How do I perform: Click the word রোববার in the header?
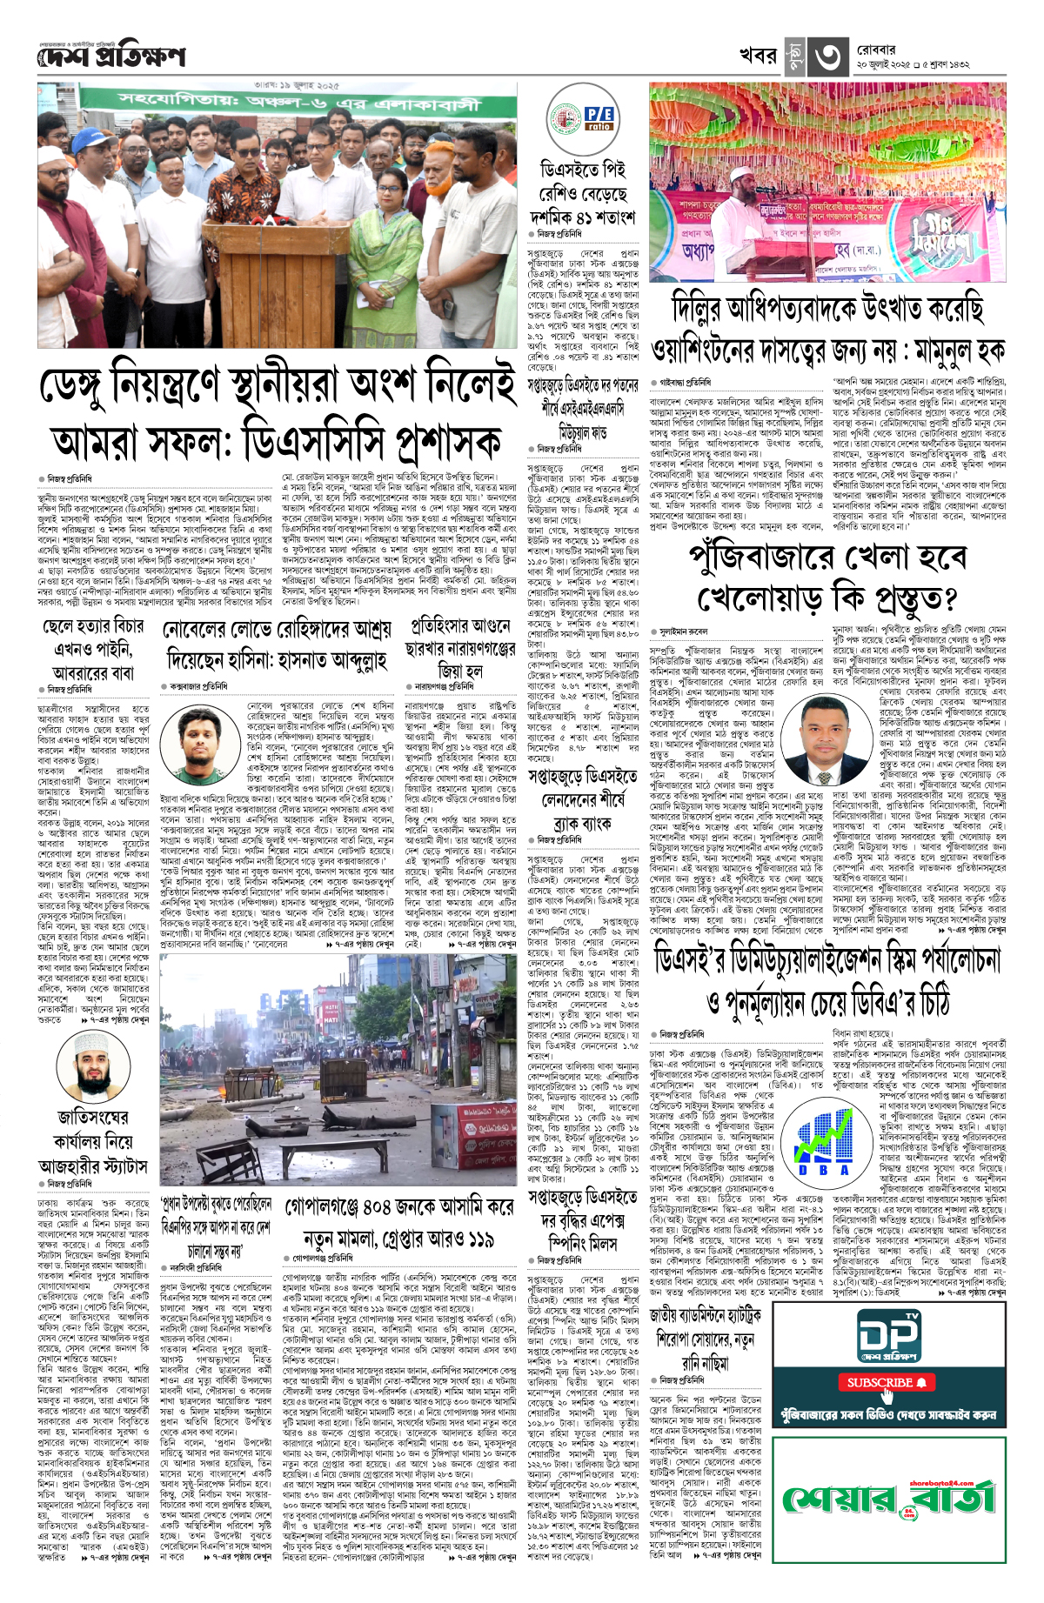[875, 50]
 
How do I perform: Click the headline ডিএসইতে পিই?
[582, 169]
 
